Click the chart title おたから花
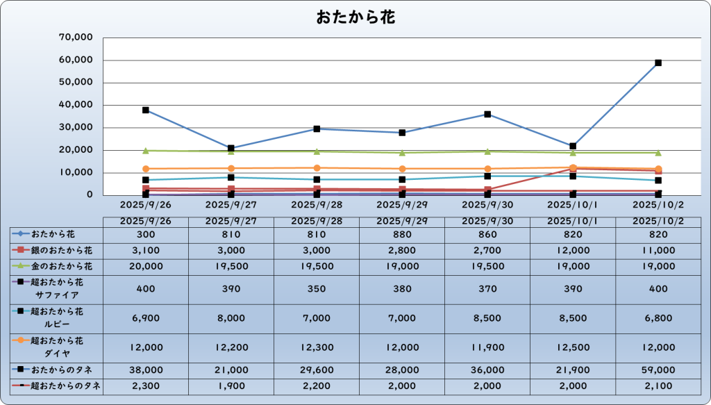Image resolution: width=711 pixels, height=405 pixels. point(355,17)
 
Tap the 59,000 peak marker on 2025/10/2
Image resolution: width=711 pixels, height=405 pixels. point(658,63)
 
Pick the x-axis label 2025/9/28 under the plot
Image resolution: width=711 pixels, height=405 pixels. point(317,206)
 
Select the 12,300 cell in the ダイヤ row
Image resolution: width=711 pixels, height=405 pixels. point(317,347)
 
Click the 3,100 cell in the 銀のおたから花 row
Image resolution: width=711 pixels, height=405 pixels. point(146,249)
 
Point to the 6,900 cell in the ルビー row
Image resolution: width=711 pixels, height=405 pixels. point(146,317)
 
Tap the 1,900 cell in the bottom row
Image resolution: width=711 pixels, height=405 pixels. point(231,386)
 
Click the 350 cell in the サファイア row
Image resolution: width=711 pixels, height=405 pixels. point(317,288)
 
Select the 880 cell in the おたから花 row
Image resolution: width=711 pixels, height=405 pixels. point(402,235)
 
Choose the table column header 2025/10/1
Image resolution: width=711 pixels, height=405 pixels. point(573,221)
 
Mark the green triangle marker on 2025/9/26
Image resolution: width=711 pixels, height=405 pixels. point(146,150)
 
